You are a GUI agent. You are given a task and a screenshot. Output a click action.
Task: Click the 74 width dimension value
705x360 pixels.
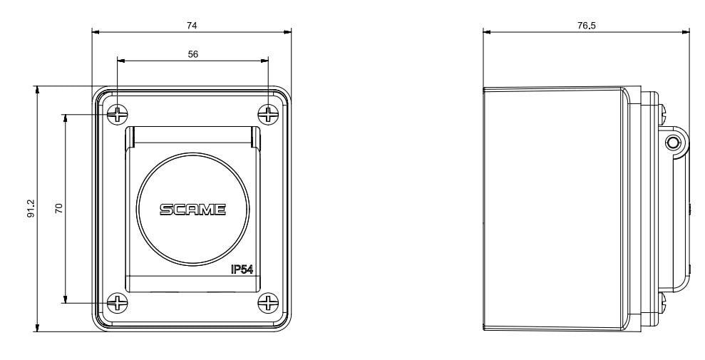[192, 26]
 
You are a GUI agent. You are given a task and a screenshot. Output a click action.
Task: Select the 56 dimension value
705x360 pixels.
[192, 54]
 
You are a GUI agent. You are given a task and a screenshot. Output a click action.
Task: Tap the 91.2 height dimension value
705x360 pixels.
[31, 209]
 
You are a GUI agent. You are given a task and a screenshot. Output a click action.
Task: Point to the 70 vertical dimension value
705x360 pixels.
[59, 208]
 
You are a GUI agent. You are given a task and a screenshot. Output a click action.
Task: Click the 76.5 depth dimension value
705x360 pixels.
[586, 26]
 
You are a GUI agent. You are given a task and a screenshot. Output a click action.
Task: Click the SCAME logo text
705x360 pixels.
[193, 210]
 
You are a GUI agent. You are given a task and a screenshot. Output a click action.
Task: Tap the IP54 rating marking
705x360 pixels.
[242, 269]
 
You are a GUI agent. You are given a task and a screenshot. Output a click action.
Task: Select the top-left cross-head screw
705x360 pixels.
[118, 114]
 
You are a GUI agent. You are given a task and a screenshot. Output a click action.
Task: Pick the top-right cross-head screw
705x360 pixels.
[268, 114]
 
